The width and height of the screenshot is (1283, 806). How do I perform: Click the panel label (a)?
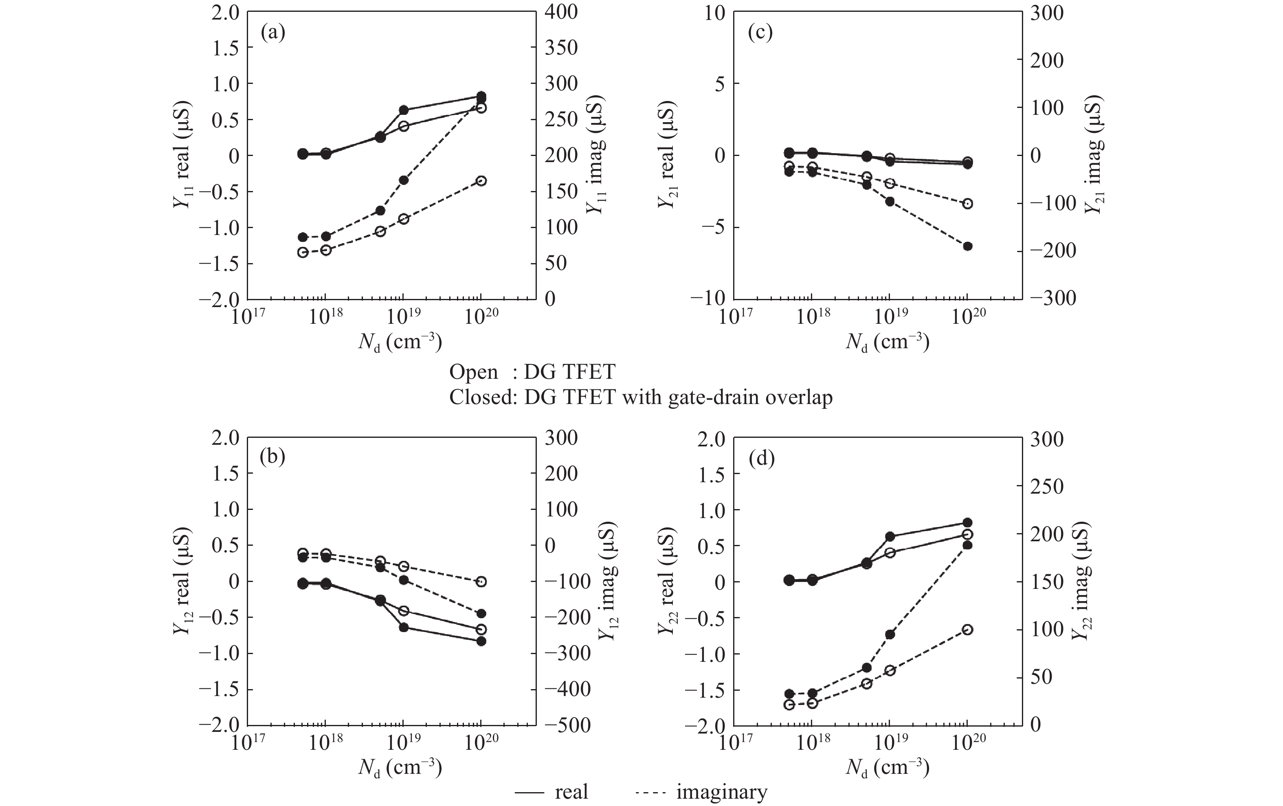273,33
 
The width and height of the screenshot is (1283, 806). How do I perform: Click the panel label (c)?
760,33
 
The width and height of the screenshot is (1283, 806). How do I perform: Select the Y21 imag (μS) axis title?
1094,155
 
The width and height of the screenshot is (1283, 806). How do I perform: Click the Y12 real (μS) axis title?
182,582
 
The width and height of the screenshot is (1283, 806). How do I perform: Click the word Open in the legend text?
474,372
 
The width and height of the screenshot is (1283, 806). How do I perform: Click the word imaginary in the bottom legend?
722,792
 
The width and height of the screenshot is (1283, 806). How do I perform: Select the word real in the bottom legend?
571,792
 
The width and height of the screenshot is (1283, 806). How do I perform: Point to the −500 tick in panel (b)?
567,725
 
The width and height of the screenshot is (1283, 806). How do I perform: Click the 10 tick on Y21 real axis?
714,13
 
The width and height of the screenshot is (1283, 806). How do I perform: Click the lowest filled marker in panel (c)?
968,246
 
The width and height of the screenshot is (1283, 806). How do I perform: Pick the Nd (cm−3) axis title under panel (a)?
400,343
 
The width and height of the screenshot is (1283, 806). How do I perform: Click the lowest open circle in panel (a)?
303,253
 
